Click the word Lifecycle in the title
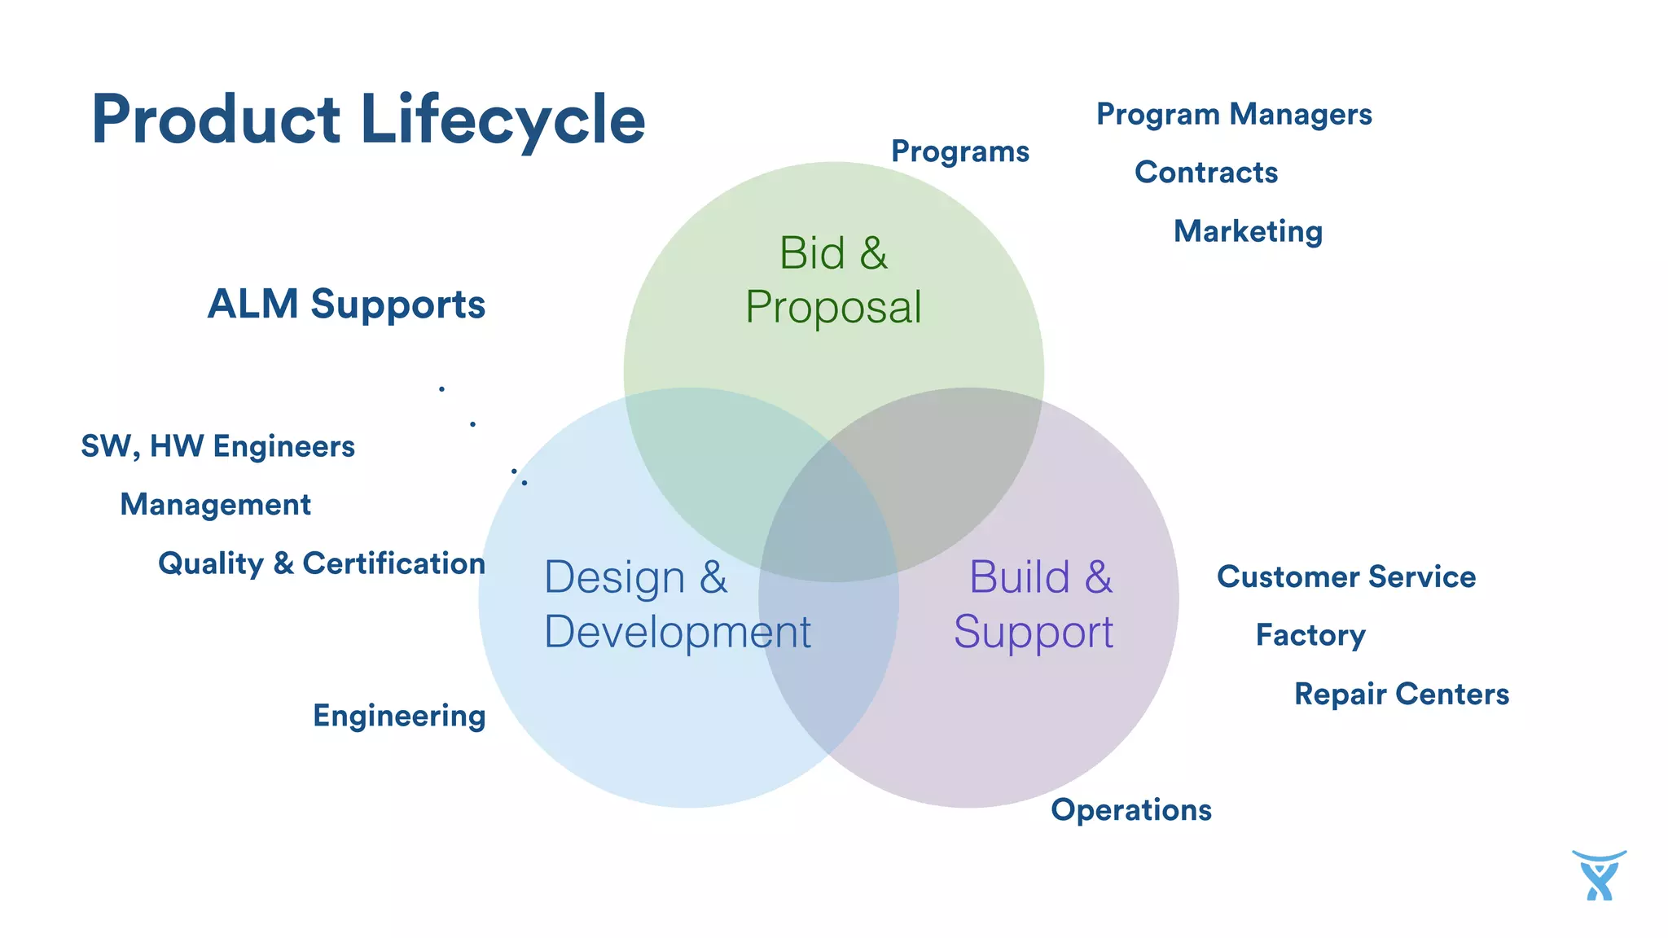point(503,120)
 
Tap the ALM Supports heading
point(346,304)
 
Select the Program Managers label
point(1234,114)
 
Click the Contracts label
point(1205,173)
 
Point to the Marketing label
point(1248,231)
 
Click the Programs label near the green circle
point(959,151)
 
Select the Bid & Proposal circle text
point(833,280)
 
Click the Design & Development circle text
point(676,604)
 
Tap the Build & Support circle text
point(1034,604)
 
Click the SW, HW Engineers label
point(217,446)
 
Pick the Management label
point(215,505)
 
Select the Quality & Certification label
point(322,563)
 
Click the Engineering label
point(399,716)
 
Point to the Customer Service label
point(1345,576)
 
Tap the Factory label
point(1310,635)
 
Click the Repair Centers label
point(1401,694)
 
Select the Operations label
point(1130,810)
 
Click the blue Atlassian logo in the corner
point(1599,875)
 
